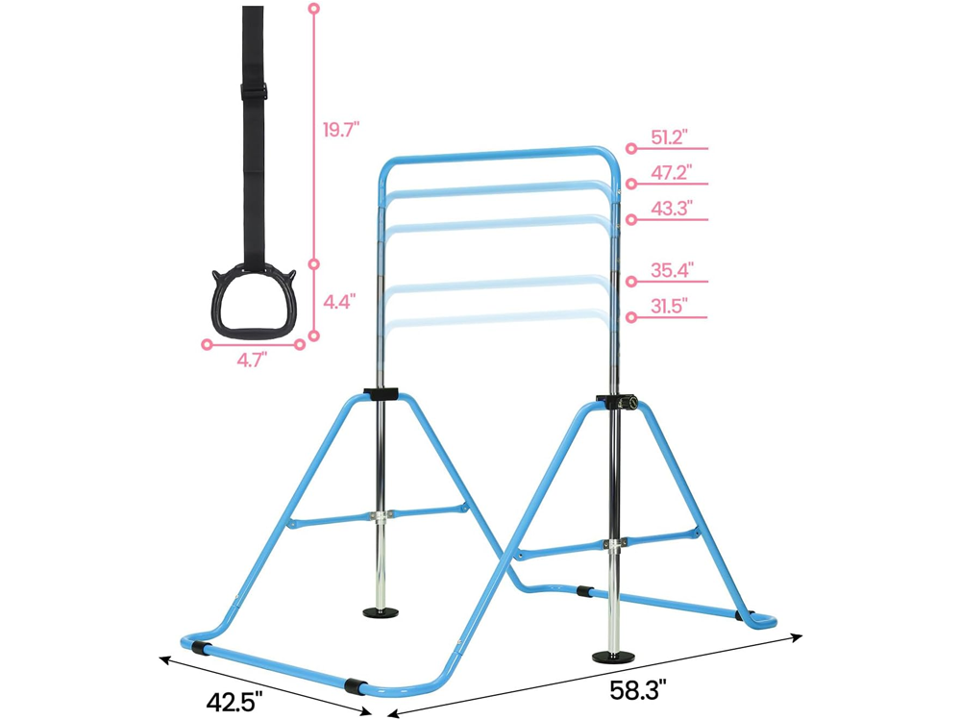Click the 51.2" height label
(x=669, y=137)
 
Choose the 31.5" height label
(x=669, y=306)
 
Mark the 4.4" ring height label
(x=339, y=302)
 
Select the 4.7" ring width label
(x=252, y=360)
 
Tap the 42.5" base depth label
(x=234, y=701)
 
